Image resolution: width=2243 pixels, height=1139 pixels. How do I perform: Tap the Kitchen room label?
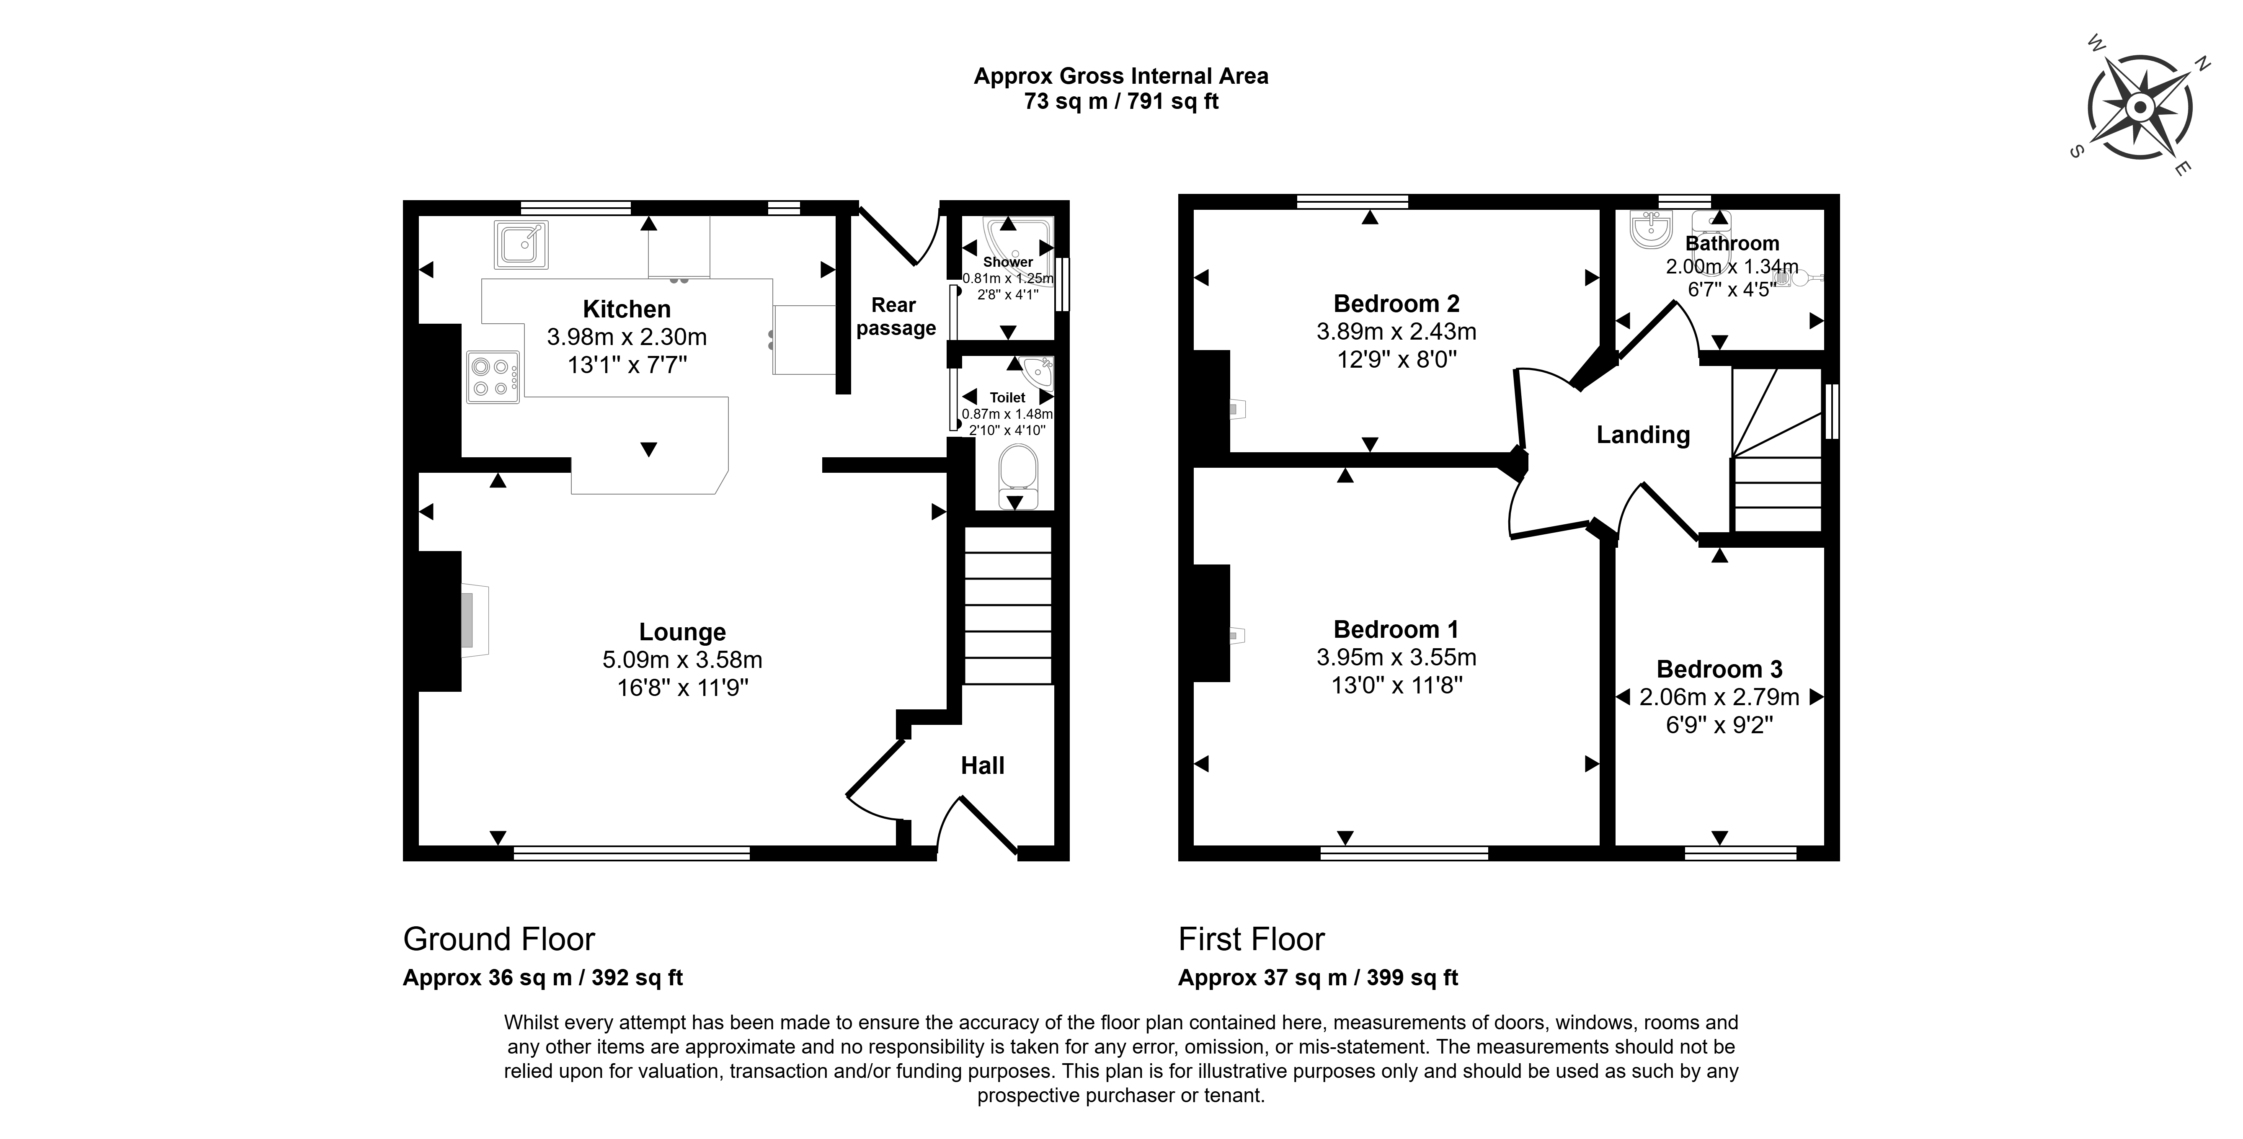click(627, 309)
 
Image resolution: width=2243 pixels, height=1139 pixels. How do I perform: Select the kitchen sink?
click(521, 245)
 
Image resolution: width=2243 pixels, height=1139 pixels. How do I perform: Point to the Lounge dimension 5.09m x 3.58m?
click(683, 660)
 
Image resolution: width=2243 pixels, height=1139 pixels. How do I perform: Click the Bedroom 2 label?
click(1396, 304)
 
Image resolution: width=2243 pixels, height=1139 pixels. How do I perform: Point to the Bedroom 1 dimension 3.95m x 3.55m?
click(1396, 657)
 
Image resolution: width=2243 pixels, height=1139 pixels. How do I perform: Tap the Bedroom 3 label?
click(1720, 670)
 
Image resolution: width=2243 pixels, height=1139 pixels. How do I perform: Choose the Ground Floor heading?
click(499, 940)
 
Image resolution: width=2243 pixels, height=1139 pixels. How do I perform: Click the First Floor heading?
click(1251, 940)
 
